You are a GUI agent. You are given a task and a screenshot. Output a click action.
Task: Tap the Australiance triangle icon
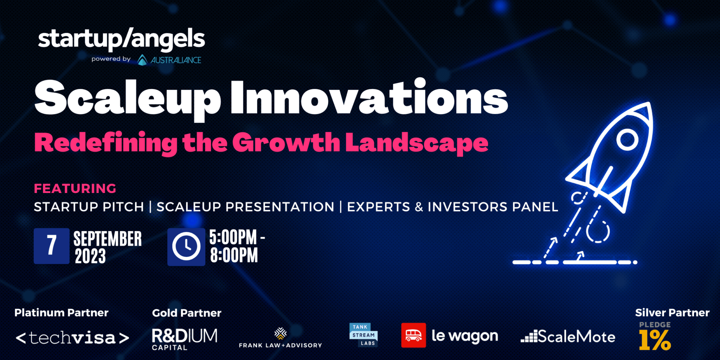(142, 60)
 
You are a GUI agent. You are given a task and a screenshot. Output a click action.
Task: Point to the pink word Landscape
(417, 143)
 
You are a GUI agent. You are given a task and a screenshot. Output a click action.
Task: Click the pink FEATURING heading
(75, 188)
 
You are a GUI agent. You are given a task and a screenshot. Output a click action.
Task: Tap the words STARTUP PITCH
(89, 207)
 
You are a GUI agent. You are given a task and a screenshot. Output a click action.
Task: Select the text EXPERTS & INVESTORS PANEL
(452, 207)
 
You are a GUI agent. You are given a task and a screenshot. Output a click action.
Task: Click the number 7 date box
(51, 246)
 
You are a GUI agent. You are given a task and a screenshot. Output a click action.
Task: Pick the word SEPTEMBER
(108, 239)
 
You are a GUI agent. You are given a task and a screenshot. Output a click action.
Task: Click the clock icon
(186, 246)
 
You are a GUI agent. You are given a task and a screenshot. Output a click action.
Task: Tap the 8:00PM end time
(234, 256)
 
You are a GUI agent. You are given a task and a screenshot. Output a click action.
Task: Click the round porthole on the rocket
(627, 140)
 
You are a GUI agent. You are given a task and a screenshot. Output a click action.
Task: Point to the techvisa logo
(72, 338)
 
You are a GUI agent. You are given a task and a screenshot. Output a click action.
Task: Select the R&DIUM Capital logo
(184, 339)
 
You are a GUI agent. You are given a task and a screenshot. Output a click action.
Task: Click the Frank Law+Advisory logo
(280, 338)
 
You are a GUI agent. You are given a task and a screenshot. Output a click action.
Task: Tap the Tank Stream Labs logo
(364, 335)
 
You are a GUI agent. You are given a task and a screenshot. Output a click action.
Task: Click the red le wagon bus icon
(413, 335)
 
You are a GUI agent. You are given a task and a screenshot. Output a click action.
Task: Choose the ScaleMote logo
(568, 336)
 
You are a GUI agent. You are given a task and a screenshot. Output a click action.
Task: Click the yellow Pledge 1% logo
(655, 336)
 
